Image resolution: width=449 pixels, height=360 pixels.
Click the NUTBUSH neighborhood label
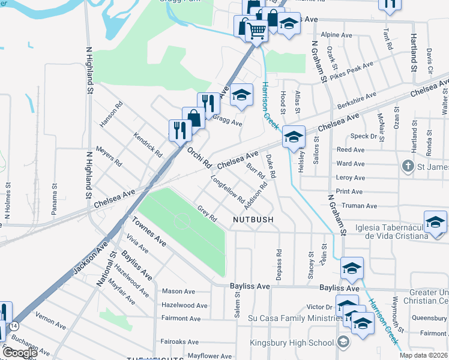click(x=253, y=220)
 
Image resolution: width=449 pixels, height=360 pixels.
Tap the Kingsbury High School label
click(x=292, y=343)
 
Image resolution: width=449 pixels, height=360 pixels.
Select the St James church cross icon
click(x=408, y=166)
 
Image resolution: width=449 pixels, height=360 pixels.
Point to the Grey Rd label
click(x=206, y=213)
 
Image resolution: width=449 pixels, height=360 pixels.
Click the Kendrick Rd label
click(x=148, y=145)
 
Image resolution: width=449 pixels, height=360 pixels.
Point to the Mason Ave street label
click(x=178, y=292)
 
